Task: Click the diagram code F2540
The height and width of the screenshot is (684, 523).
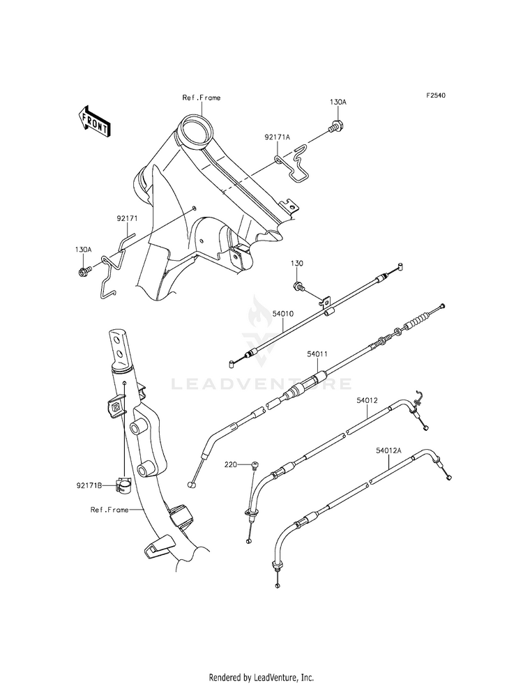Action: (x=436, y=96)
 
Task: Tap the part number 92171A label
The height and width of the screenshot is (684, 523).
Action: (x=277, y=137)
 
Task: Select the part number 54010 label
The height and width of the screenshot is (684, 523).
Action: (x=282, y=313)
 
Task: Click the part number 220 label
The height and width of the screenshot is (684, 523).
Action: (x=231, y=464)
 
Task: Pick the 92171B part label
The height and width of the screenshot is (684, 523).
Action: (x=88, y=485)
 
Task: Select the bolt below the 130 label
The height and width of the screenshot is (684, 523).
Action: (x=300, y=287)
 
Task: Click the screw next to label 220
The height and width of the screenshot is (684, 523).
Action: (x=255, y=466)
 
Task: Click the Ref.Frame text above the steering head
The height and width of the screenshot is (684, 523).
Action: (x=202, y=98)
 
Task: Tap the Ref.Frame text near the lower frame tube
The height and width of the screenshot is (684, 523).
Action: (x=109, y=510)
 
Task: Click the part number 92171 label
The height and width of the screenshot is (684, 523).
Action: (x=127, y=218)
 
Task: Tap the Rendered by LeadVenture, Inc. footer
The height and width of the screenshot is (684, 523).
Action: (x=261, y=677)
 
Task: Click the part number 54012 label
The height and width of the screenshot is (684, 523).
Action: (x=367, y=400)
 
